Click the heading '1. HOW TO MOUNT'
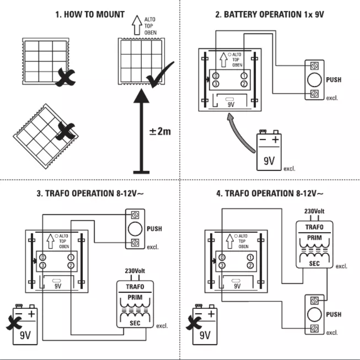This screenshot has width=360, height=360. tap(90, 14)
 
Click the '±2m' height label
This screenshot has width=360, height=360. tap(160, 132)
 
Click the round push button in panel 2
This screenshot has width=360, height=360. tap(314, 79)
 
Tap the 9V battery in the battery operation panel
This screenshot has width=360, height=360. tap(269, 151)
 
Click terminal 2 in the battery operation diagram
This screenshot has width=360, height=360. tap(244, 84)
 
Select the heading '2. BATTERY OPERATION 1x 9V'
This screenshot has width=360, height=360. tap(269, 14)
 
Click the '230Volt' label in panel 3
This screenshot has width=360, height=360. tap(135, 271)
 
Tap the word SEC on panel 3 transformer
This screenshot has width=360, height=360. tap(135, 323)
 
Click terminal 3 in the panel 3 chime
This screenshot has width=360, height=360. tap(42, 266)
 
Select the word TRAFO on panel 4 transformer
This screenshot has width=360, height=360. tap(314, 227)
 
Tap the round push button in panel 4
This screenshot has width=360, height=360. tap(314, 315)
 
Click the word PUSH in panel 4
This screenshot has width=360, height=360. tap(334, 315)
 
